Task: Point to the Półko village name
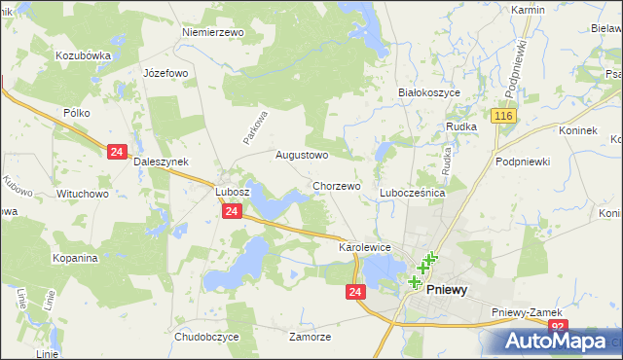pyautogui.click(x=77, y=113)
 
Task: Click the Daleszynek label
pyautogui.click(x=161, y=162)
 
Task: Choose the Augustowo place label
pyautogui.click(x=302, y=155)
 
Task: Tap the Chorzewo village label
pyautogui.click(x=337, y=186)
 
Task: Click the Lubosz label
pyautogui.click(x=233, y=192)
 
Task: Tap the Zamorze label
pyautogui.click(x=311, y=337)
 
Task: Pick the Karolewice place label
pyautogui.click(x=364, y=248)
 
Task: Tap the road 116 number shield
pyautogui.click(x=502, y=117)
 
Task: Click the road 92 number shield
pyautogui.click(x=557, y=327)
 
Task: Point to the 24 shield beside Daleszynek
pyautogui.click(x=117, y=152)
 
